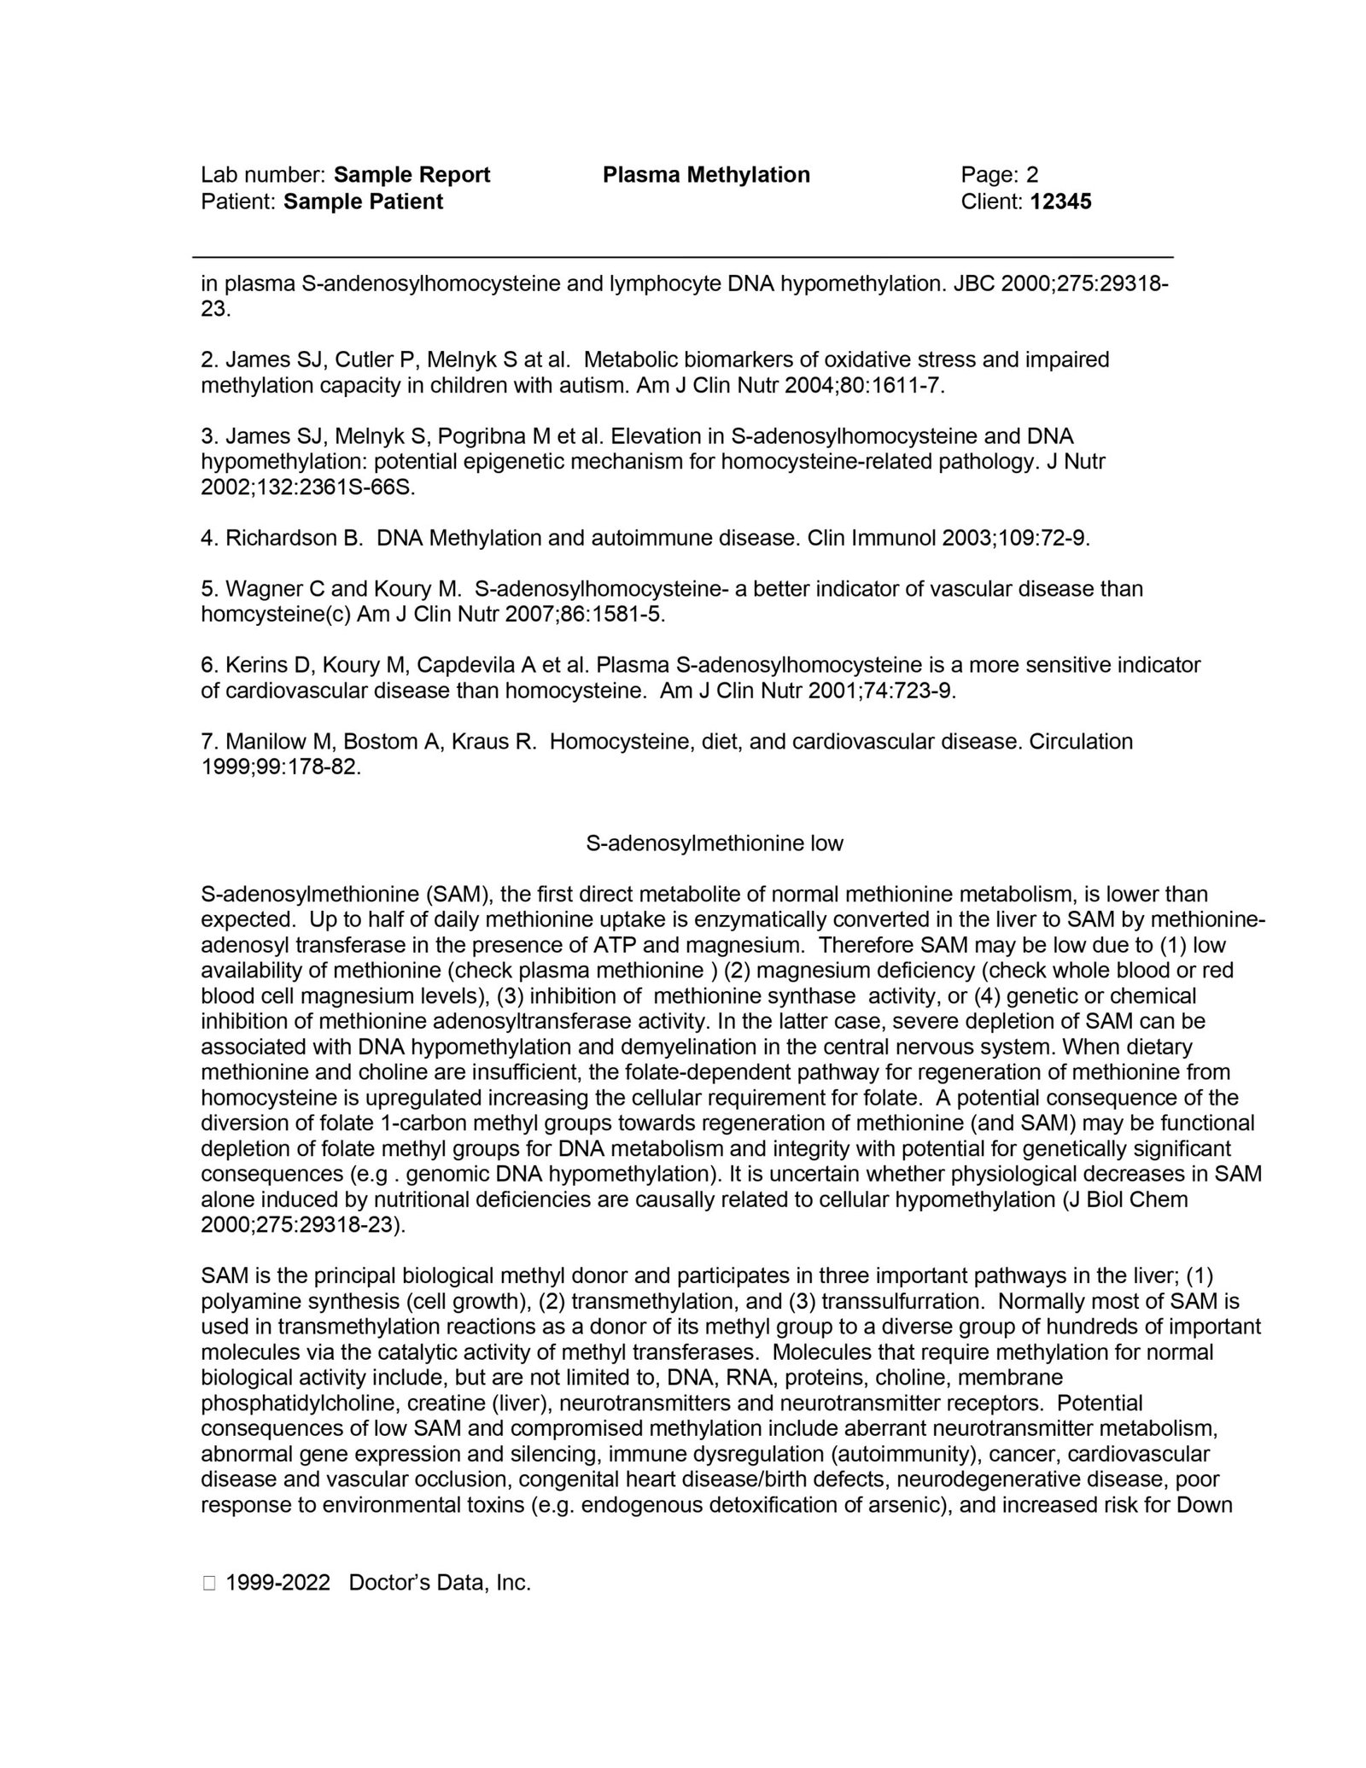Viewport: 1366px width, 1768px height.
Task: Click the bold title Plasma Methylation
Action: pyautogui.click(x=705, y=175)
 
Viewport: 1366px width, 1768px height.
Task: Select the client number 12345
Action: pyautogui.click(x=1060, y=201)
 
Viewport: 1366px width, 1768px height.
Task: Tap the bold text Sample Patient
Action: pyautogui.click(x=363, y=201)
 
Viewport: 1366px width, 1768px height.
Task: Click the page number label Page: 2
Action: pyautogui.click(x=999, y=175)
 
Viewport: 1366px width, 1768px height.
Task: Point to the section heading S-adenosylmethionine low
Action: pyautogui.click(x=714, y=843)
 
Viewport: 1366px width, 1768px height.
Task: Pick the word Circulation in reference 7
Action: pyautogui.click(x=1081, y=741)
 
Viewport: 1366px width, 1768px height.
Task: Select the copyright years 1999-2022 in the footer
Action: pyautogui.click(x=277, y=1583)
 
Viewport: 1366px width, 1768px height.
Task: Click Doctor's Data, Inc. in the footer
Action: pyautogui.click(x=440, y=1583)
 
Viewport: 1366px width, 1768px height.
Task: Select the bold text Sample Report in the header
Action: pyautogui.click(x=412, y=175)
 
